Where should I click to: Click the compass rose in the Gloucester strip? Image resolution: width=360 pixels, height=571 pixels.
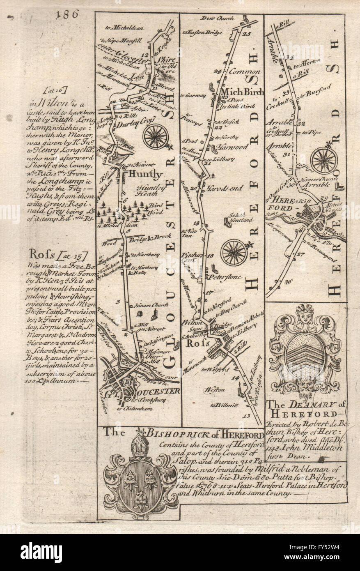coord(156,136)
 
